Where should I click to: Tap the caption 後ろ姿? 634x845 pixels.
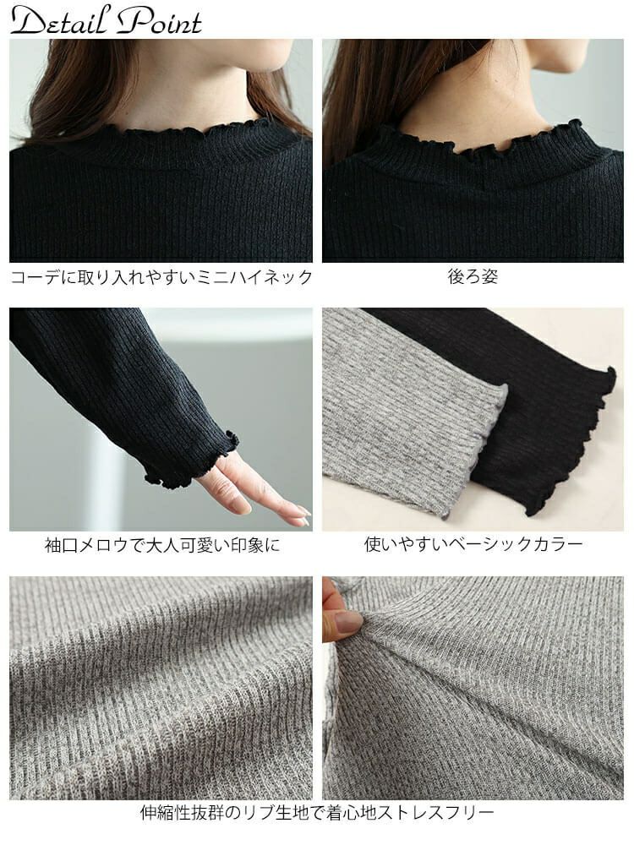click(473, 276)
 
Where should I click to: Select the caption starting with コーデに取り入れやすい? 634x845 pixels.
click(161, 276)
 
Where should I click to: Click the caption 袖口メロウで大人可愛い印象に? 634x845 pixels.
click(162, 545)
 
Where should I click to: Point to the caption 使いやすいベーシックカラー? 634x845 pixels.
click(473, 543)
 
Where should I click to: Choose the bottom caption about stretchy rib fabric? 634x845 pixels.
click(317, 812)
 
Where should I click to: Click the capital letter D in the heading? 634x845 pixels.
click(27, 22)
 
